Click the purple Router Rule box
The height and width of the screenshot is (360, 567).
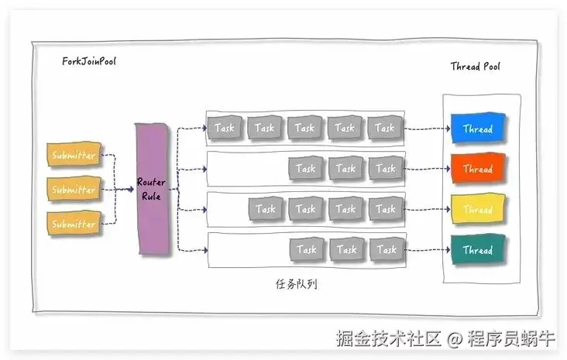click(x=152, y=188)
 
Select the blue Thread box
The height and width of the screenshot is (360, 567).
click(x=478, y=129)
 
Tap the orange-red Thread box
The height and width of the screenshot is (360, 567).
click(x=478, y=169)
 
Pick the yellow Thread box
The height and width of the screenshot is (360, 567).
click(x=478, y=209)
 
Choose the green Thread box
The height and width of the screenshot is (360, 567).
click(x=478, y=250)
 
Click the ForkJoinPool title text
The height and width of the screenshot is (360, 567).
click(x=89, y=61)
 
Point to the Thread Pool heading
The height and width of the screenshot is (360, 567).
click(x=476, y=67)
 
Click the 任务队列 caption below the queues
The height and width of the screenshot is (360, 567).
click(x=296, y=284)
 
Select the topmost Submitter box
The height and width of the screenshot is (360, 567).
click(x=74, y=155)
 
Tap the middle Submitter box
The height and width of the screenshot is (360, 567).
click(x=74, y=189)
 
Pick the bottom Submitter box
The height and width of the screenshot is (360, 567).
click(x=74, y=224)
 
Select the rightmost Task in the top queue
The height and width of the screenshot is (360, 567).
click(x=386, y=128)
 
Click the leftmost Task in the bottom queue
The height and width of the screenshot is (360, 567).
click(x=307, y=249)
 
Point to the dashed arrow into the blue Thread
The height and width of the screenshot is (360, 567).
click(x=428, y=129)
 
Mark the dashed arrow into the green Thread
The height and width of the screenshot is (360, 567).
click(x=428, y=250)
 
